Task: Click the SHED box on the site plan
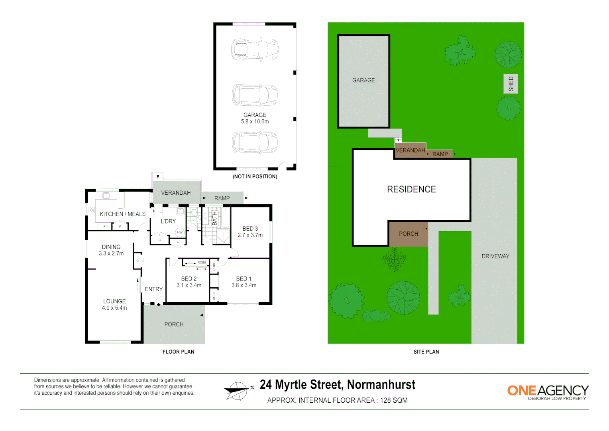tap(511, 84)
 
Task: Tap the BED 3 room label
tap(250, 229)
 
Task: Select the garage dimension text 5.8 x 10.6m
tap(255, 122)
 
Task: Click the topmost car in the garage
tap(255, 49)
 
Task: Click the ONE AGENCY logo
tap(547, 392)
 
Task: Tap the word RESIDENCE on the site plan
tap(411, 190)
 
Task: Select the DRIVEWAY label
tap(495, 256)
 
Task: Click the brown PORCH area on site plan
tap(409, 234)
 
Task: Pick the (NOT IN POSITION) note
tap(255, 176)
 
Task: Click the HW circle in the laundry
tap(180, 232)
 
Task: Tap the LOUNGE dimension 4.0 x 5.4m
tap(114, 308)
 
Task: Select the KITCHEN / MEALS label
tap(122, 214)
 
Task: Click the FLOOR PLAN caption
tap(178, 352)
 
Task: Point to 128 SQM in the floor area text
tap(394, 400)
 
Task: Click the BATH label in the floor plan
tap(214, 218)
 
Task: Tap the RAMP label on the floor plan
tap(222, 198)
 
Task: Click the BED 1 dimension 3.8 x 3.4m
tap(244, 285)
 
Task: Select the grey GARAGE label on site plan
tap(363, 80)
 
